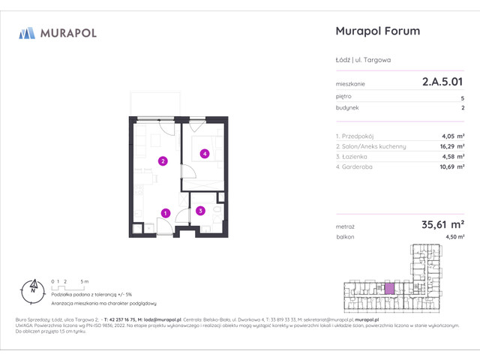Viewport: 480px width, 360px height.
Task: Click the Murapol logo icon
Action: (x=27, y=33)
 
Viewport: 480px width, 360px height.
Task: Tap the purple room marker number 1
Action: (x=165, y=213)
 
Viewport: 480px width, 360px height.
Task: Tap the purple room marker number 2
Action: (x=162, y=160)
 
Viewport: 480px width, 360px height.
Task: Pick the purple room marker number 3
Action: (x=200, y=211)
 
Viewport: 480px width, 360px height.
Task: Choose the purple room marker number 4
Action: (x=203, y=154)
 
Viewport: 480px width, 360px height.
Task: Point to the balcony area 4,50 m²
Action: (x=454, y=237)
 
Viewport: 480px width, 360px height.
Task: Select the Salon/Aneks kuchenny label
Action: (x=371, y=146)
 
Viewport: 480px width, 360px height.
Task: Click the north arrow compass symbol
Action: (x=32, y=287)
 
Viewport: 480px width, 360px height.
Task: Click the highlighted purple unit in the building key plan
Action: (x=388, y=288)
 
